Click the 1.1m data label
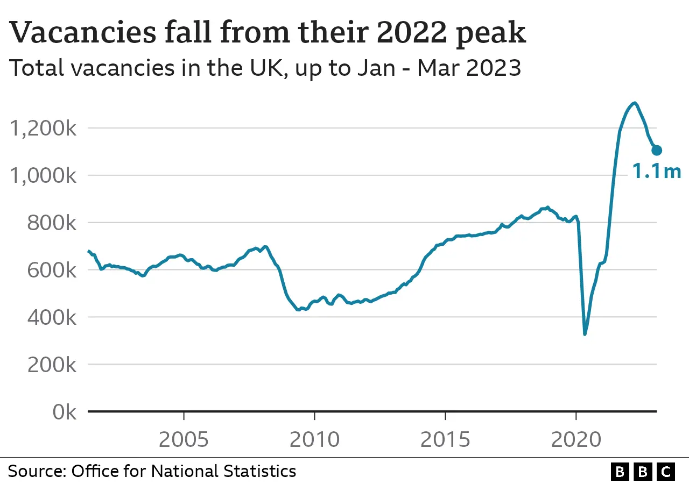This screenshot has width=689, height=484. click(656, 172)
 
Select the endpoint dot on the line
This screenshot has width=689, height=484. click(656, 151)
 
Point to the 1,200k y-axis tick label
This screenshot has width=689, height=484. click(43, 129)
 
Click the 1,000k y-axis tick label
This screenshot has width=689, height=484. click(43, 175)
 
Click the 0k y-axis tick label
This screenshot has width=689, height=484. click(65, 412)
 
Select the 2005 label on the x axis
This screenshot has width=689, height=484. click(184, 439)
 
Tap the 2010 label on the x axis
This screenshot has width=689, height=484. click(314, 439)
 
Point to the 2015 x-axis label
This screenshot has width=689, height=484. click(445, 439)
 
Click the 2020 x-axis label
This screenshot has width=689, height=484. click(575, 439)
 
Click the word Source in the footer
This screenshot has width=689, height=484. click(34, 472)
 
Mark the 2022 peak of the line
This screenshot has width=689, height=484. click(635, 103)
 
